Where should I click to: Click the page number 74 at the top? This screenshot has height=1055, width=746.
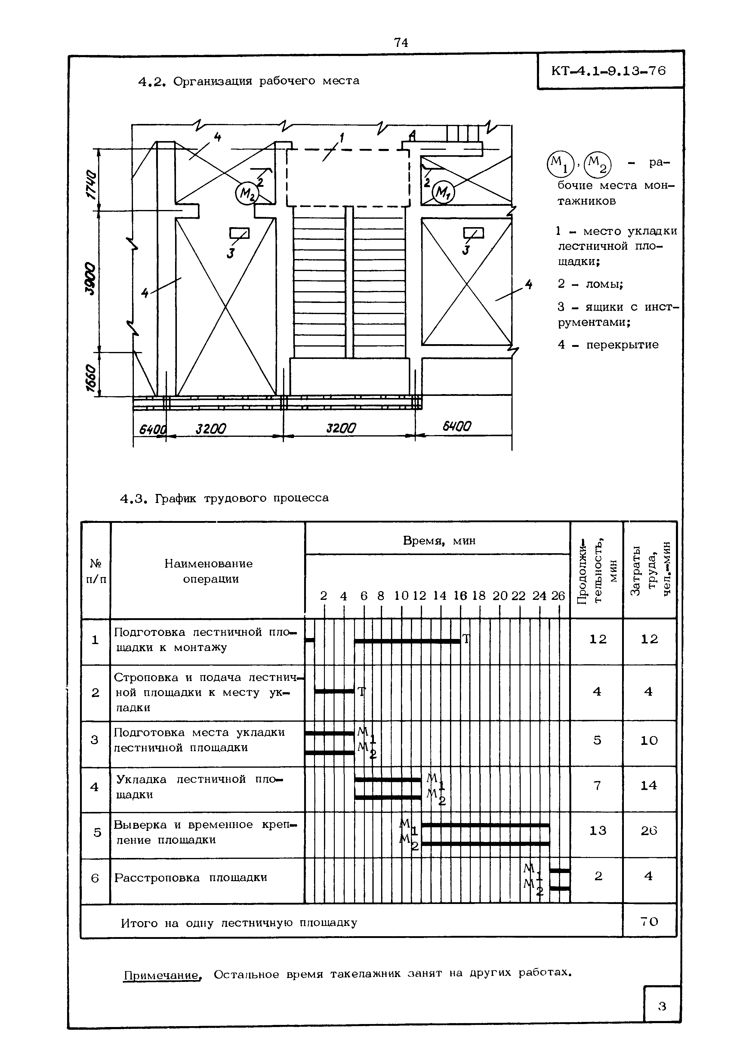[401, 43]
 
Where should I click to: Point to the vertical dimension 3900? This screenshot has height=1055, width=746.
[92, 279]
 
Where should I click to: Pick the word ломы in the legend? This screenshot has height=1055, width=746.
[604, 284]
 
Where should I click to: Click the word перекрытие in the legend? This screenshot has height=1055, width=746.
[622, 345]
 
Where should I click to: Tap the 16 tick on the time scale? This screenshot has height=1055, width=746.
[460, 596]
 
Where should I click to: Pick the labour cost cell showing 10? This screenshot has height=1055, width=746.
[649, 740]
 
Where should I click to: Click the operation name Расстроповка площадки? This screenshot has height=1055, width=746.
[191, 878]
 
